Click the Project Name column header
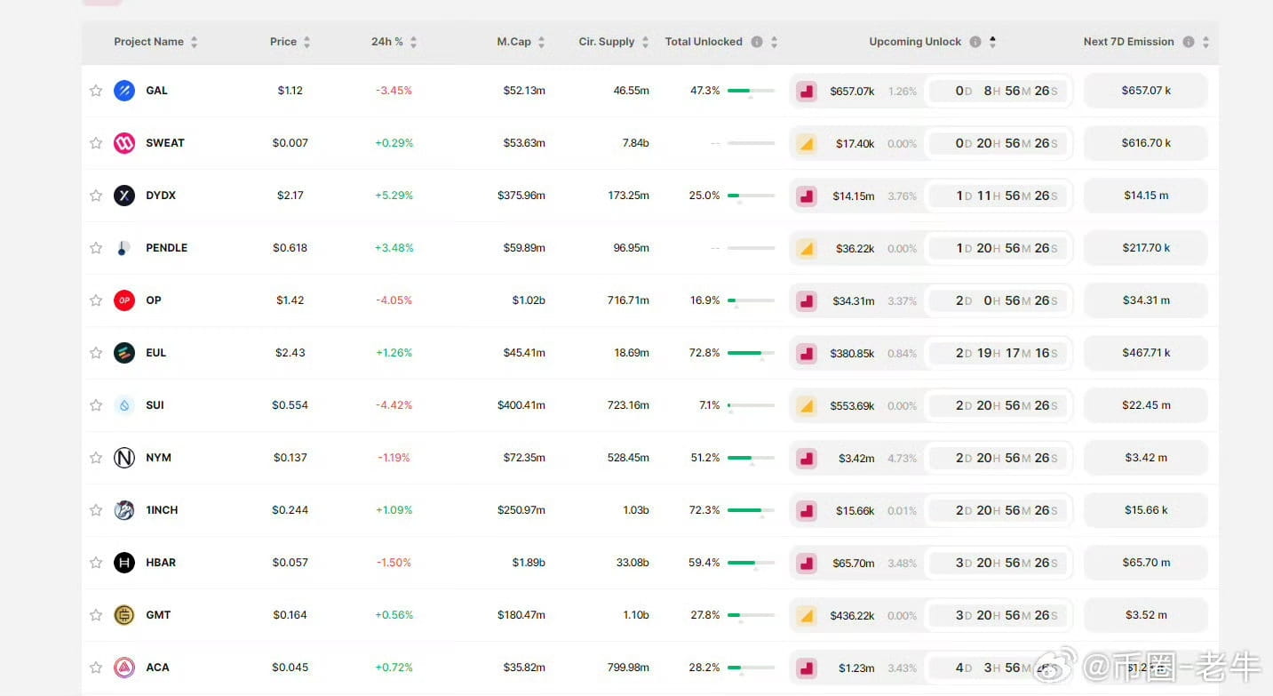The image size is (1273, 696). [148, 42]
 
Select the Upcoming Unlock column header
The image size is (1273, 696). [914, 42]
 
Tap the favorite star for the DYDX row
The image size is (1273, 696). [96, 196]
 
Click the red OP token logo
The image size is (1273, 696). [124, 300]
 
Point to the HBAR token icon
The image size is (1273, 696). [124, 563]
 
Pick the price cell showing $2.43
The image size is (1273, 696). [290, 353]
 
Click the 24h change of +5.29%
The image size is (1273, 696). [394, 196]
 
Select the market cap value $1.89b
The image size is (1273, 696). [529, 563]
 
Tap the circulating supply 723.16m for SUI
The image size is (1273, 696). [628, 405]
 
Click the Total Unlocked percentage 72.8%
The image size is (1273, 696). [704, 353]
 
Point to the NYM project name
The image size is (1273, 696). [158, 458]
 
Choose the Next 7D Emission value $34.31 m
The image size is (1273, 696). [1146, 300]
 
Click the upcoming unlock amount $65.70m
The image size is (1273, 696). [853, 563]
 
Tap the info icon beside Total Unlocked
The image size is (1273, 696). [757, 42]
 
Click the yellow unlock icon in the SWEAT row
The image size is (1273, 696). [807, 143]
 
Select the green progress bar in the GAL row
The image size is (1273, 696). [750, 91]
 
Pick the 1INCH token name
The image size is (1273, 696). [162, 510]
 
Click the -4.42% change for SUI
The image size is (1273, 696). [394, 405]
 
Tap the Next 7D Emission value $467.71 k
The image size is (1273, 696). [1146, 353]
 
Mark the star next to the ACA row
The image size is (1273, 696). [96, 668]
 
